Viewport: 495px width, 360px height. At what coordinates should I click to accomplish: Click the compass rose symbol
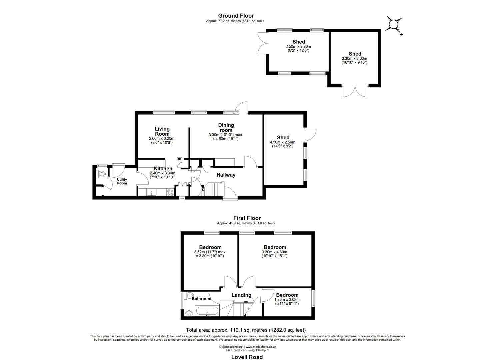coord(394,25)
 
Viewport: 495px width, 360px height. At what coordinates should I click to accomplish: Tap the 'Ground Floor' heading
coord(236,16)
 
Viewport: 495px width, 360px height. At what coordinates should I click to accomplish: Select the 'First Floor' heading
coord(247,218)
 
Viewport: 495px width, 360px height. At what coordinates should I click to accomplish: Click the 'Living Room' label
coord(162,131)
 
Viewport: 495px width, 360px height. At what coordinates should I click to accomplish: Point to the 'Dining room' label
coord(226,128)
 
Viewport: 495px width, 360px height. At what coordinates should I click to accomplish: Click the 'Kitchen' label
coord(163,169)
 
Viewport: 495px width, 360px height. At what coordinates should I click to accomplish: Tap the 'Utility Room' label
coord(122,181)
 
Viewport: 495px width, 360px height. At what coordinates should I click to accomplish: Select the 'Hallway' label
coord(226,175)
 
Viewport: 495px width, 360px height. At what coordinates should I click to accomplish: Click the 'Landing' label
coord(241,295)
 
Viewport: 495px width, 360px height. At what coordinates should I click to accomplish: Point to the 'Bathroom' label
coord(201,299)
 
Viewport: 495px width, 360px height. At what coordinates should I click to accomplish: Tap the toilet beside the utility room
coord(101,174)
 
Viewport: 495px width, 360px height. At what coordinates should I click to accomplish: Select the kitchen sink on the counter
coord(152,192)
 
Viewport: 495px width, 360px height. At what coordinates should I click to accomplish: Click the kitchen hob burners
coord(170,192)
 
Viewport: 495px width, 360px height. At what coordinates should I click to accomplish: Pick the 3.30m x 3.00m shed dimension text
coord(355,60)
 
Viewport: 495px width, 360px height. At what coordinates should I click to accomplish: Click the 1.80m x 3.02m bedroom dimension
coord(287,302)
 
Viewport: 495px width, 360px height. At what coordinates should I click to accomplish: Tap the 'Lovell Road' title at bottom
coord(247,357)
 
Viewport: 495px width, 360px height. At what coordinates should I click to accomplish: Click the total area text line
coord(246,330)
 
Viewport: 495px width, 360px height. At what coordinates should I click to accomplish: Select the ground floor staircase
coord(213,190)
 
